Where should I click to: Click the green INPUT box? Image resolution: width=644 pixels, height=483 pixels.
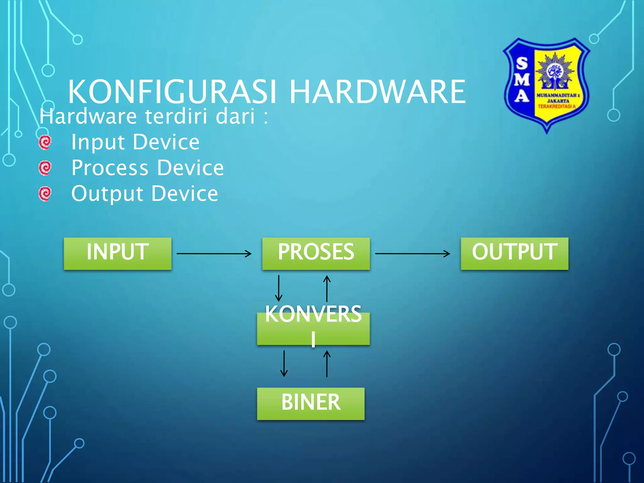coord(117,253)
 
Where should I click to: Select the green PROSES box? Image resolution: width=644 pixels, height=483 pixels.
coord(316,253)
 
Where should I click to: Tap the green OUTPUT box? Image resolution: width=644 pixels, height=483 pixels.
coord(514,253)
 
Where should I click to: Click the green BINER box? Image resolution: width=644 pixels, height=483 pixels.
coord(311,403)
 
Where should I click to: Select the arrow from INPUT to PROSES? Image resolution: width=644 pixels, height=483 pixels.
coord(214,253)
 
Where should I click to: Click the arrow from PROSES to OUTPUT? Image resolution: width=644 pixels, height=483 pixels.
coord(412,253)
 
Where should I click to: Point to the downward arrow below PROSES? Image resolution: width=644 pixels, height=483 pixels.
coord(279,288)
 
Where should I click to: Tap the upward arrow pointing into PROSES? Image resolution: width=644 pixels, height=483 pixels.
coord(327,288)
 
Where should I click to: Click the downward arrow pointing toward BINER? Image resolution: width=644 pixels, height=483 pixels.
coord(284,364)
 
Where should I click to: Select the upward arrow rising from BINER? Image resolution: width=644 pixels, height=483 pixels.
coord(327,364)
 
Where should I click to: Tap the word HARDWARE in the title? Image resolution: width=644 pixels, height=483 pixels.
coord(377,92)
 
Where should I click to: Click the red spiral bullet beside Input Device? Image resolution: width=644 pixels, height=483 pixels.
coord(45,142)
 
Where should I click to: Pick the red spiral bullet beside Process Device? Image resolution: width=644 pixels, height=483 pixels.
coord(45,168)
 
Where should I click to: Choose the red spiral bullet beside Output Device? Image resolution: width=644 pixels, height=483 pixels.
coord(45,194)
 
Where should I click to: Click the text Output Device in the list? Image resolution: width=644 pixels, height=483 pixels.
coord(145,194)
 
